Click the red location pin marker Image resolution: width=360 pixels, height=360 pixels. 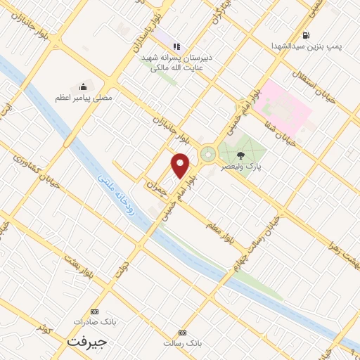pos(181,165)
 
